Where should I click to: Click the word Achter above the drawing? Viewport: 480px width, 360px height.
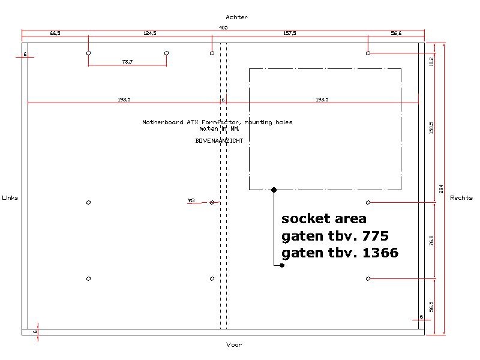coord(236,17)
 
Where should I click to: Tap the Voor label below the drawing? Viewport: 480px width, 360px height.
coord(234,345)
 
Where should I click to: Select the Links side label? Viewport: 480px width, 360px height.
coord(10,198)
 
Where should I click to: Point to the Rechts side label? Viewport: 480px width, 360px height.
coord(461,198)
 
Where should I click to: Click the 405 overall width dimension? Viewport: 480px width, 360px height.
coord(223,28)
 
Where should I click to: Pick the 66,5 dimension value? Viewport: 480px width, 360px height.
coord(55,34)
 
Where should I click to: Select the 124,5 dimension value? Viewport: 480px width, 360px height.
coord(150,34)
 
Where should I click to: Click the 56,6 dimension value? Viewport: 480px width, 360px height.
coord(396,34)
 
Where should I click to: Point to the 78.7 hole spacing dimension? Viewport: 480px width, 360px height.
coord(127,61)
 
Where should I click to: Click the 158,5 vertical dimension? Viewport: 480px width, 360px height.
coord(431,127)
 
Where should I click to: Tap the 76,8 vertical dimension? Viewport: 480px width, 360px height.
coord(431,240)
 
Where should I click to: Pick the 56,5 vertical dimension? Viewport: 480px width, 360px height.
coord(431,306)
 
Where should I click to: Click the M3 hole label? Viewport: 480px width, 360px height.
coord(191,200)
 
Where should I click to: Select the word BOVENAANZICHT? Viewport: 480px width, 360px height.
coord(219,140)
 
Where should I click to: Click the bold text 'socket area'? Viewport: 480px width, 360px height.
coord(323,218)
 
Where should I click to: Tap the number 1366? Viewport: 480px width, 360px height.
coord(380,253)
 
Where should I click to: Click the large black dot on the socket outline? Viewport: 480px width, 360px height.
coord(274,190)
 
